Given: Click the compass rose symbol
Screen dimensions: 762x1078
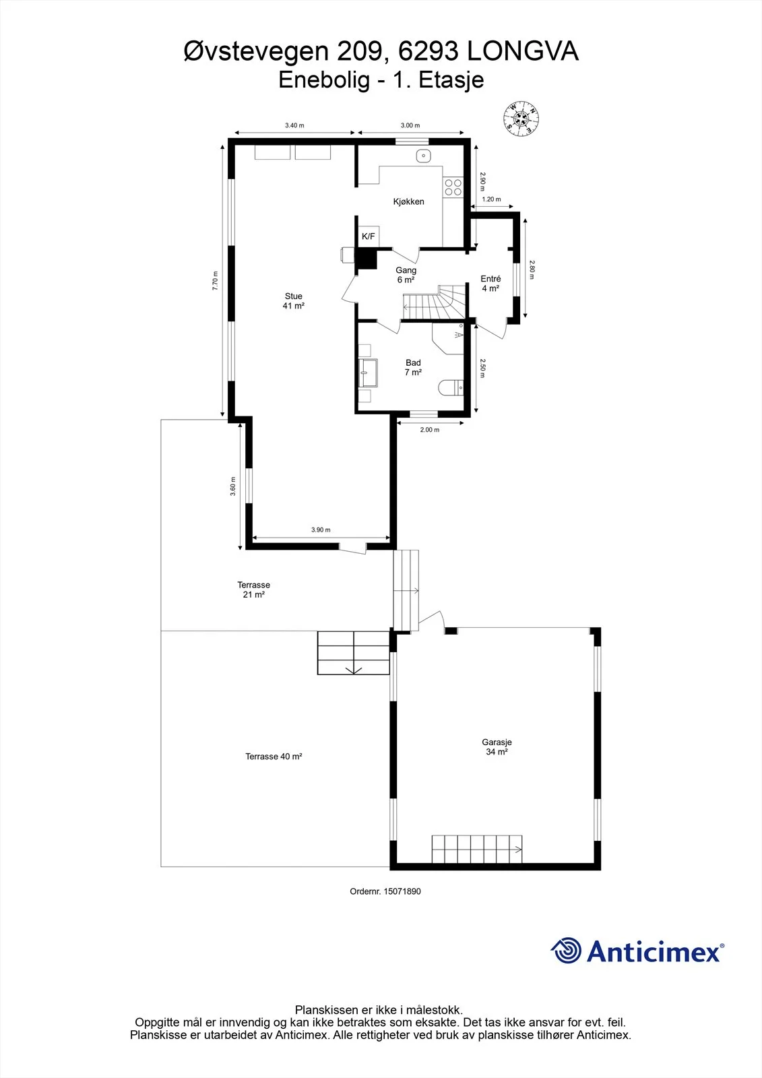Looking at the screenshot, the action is point(521,119).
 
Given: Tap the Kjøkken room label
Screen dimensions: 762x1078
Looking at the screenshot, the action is point(409,201).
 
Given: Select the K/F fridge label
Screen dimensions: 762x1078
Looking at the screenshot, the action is point(369,236).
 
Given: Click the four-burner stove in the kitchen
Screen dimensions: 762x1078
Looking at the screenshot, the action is point(453,187).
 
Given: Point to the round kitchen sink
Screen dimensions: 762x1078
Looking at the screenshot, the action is point(424,156).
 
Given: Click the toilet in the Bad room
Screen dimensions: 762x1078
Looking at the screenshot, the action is point(451,387).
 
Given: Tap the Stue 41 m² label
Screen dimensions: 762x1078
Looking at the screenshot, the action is point(294,300).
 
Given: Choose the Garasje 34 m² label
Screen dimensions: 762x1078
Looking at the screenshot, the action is point(497,747).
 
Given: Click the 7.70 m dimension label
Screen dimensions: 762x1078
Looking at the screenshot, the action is point(215,280).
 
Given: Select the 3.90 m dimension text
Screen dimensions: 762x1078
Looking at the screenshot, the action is point(321,530).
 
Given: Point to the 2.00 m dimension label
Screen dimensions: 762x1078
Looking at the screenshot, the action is point(430,430).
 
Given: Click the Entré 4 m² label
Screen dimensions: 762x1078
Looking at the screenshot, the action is point(490,284).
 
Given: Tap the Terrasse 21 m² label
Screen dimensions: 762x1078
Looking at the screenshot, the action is point(254,590).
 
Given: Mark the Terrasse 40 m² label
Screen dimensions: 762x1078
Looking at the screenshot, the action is point(274,757).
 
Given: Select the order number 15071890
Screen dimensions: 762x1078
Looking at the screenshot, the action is point(402,891).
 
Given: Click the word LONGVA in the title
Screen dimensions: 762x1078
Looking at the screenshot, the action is point(523,51).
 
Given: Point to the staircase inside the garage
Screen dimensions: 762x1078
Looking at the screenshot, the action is point(477,850).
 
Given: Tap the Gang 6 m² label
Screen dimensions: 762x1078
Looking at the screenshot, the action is point(406,276).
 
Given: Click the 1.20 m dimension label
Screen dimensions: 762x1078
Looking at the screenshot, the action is point(491,199).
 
